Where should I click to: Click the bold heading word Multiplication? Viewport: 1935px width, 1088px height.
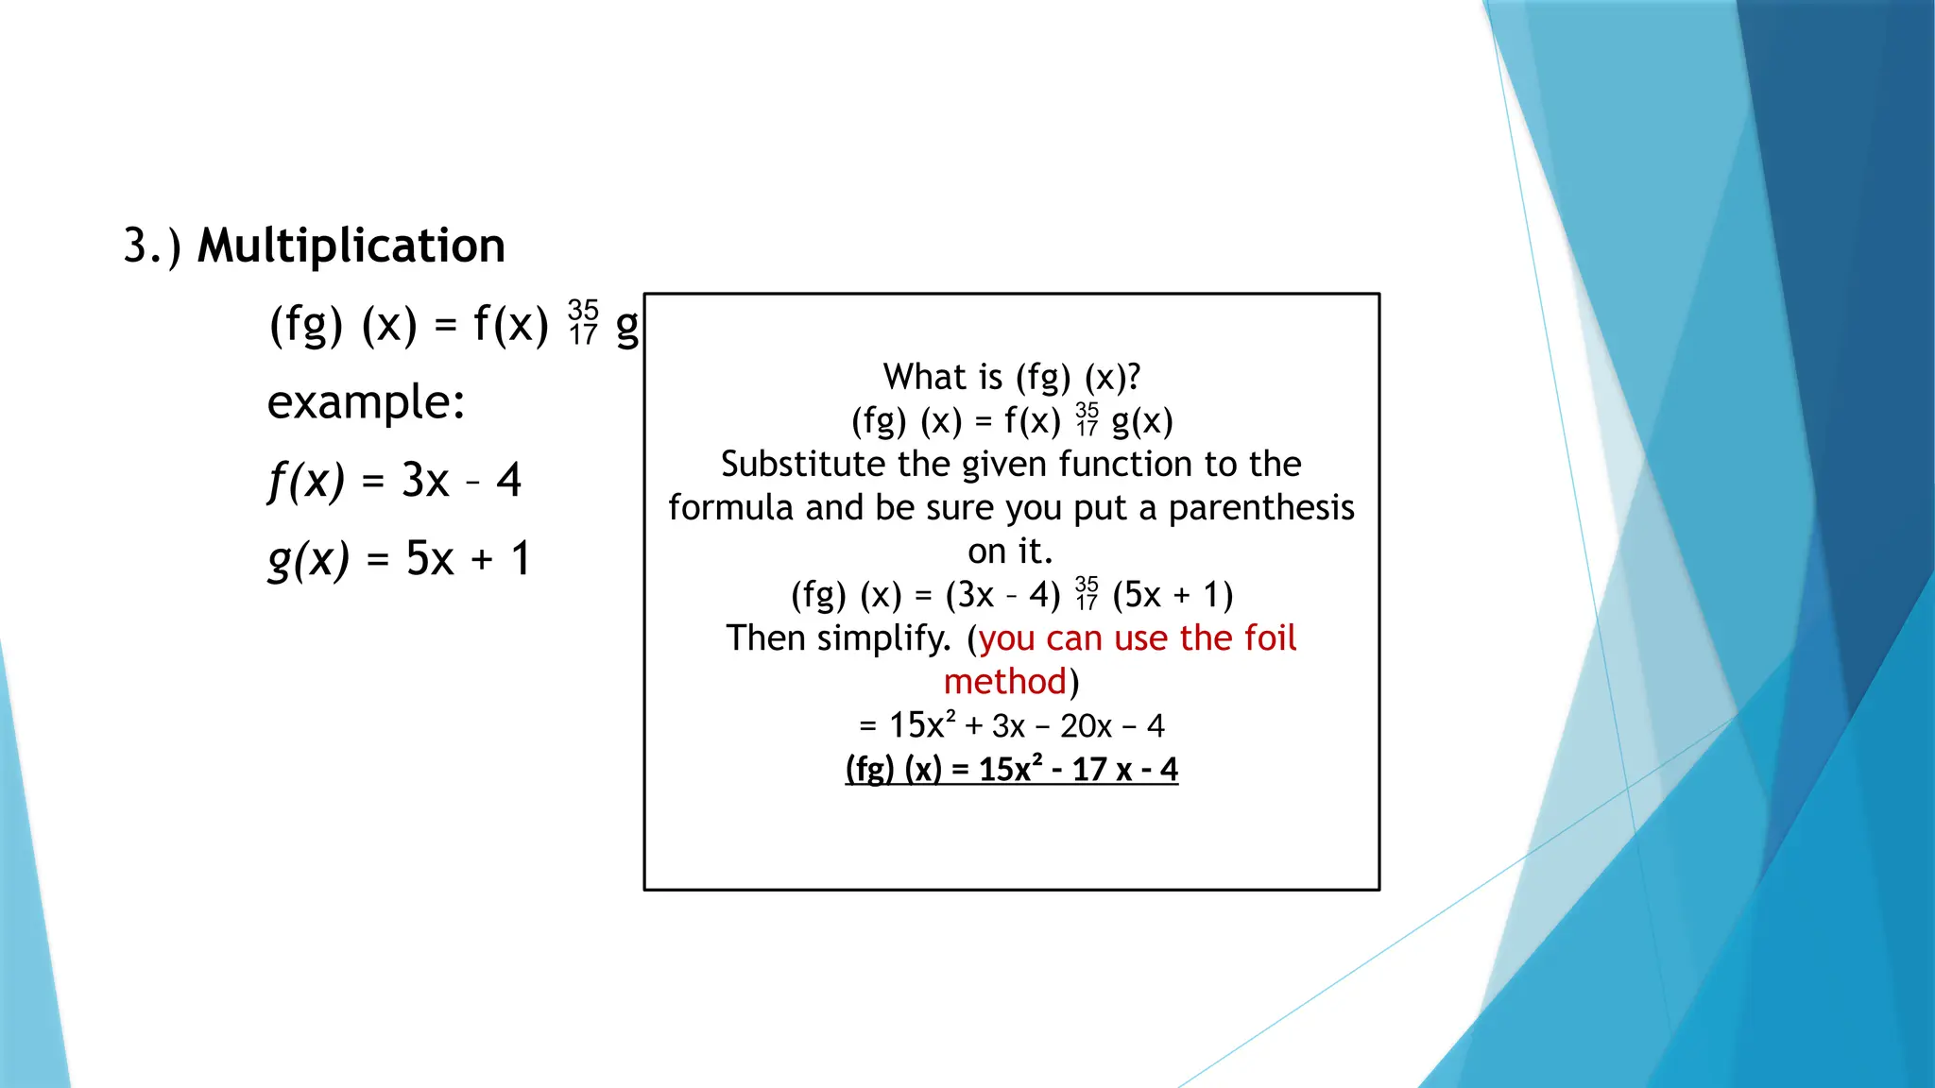(351, 246)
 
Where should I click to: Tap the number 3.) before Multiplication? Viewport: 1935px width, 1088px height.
(151, 246)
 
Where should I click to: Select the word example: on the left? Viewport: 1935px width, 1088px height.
(366, 402)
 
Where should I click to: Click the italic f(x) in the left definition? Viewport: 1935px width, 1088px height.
(306, 481)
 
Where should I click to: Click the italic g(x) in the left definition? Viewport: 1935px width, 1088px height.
(308, 559)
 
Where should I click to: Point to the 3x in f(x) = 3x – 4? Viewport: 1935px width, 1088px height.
(424, 481)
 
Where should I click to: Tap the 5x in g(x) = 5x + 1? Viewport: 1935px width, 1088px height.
(430, 559)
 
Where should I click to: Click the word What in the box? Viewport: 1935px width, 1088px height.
(917, 377)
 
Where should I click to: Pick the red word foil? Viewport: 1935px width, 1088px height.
(1270, 638)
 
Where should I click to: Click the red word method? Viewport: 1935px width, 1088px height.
(1005, 682)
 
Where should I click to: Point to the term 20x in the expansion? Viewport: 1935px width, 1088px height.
(1086, 726)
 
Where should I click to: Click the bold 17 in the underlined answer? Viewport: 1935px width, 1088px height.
(1087, 770)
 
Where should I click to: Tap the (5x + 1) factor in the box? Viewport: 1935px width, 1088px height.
(1173, 595)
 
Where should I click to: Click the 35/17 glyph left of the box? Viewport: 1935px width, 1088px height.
(583, 323)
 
